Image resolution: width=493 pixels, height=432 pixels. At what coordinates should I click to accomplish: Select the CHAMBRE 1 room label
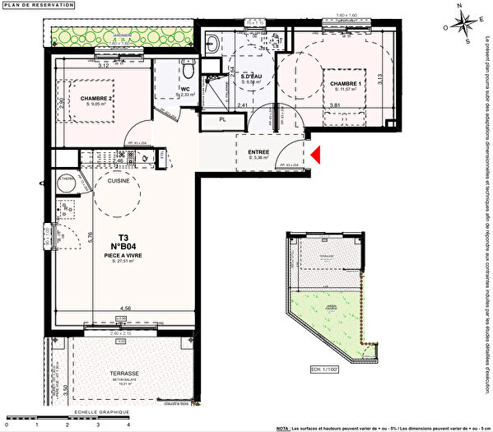pos(347,84)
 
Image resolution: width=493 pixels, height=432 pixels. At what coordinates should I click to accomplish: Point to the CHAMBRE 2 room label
pos(97,99)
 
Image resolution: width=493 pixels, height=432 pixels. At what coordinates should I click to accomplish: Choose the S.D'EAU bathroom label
pos(250,77)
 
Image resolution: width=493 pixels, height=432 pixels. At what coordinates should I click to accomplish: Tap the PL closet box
pos(223,120)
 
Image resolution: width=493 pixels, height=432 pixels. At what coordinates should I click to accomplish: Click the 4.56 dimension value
pos(126,309)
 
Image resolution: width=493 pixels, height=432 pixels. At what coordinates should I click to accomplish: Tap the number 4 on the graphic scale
pos(129,425)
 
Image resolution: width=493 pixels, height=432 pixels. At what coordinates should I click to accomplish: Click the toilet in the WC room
pos(188,64)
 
